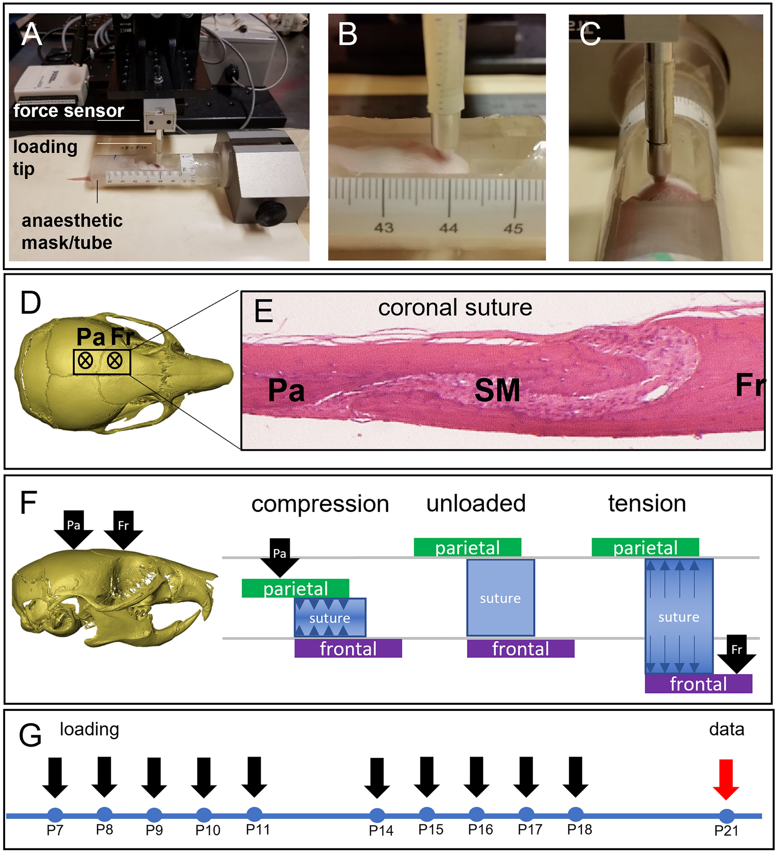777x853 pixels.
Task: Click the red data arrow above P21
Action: tap(726, 779)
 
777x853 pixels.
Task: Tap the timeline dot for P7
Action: tap(55, 814)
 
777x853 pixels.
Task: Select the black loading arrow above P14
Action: tap(377, 777)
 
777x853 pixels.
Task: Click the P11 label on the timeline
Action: tap(258, 829)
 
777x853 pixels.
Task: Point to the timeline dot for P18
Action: tap(576, 814)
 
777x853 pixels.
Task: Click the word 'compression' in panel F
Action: tap(320, 504)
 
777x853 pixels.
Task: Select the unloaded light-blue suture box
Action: tap(500, 598)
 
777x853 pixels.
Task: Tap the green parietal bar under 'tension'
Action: tap(645, 548)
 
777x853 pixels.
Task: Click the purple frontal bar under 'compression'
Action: tap(348, 648)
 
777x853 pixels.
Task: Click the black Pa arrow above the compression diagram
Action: tap(280, 557)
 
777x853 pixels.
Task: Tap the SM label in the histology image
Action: tap(497, 390)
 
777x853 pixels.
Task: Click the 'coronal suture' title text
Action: tap(455, 308)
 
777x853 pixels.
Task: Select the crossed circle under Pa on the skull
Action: tap(85, 361)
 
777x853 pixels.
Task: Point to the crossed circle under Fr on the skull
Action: tap(115, 361)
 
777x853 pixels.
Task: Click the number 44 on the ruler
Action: tap(448, 228)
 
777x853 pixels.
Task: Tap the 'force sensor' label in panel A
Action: tap(69, 111)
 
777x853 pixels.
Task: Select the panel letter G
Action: tap(31, 735)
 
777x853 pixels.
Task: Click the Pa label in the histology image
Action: tap(286, 390)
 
